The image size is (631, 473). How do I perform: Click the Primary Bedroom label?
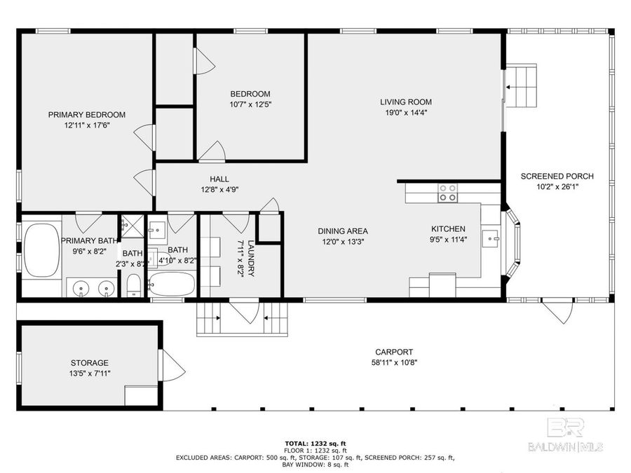point(86,115)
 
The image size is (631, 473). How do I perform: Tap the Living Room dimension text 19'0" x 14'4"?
point(405,112)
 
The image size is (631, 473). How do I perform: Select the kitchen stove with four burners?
point(447,193)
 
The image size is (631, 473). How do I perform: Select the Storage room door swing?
point(172,365)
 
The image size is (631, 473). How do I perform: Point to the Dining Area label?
point(342,231)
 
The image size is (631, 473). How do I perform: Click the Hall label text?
point(219,179)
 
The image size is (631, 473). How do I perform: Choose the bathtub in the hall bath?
point(171,285)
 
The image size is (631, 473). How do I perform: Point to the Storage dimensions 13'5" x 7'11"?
point(89,373)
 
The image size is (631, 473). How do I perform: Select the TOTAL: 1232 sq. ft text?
point(315,443)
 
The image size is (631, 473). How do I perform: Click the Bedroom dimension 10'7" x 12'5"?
point(250,104)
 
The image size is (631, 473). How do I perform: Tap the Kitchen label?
point(447,229)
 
